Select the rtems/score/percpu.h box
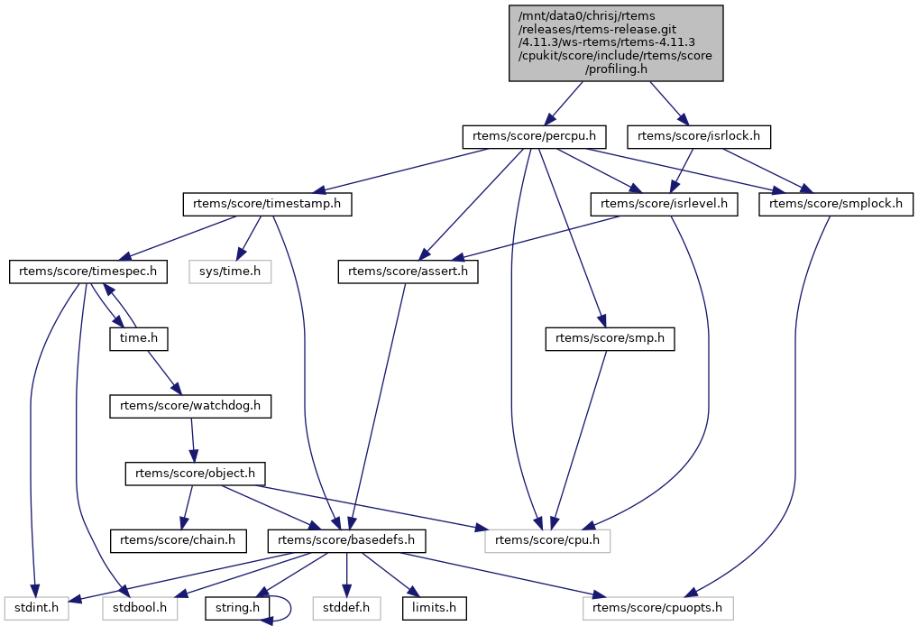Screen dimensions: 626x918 534,137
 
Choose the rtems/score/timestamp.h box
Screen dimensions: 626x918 267,205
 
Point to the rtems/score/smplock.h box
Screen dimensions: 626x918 836,205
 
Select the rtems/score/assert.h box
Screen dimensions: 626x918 409,272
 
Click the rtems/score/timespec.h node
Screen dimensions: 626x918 88,272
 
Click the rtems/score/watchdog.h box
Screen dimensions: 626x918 190,407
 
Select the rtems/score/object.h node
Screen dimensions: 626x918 195,474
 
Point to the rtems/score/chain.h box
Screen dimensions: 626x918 178,541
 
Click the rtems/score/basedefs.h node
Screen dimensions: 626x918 346,541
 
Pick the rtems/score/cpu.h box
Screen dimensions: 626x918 548,541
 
